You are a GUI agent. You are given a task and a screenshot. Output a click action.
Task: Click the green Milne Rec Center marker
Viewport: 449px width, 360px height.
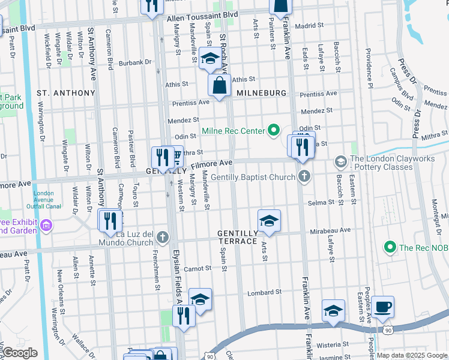pos(274,130)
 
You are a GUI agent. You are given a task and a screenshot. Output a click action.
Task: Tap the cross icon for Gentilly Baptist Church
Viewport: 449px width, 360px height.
pos(305,176)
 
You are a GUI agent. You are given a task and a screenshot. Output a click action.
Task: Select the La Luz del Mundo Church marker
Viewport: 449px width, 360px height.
pos(161,238)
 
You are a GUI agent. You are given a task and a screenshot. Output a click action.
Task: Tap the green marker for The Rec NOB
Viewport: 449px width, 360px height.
pos(390,247)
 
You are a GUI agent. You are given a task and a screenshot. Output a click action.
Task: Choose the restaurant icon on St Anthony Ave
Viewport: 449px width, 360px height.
pos(110,220)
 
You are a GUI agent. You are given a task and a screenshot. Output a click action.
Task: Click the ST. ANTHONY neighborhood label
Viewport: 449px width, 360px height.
pos(66,93)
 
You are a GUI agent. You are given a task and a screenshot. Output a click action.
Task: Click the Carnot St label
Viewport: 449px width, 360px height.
pos(199,269)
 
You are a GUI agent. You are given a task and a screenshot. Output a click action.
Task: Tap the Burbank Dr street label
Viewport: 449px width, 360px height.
pos(134,62)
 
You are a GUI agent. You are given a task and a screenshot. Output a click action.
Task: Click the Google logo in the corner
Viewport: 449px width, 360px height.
pos(20,352)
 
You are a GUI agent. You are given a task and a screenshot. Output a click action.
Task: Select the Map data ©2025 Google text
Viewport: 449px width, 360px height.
pos(411,355)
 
